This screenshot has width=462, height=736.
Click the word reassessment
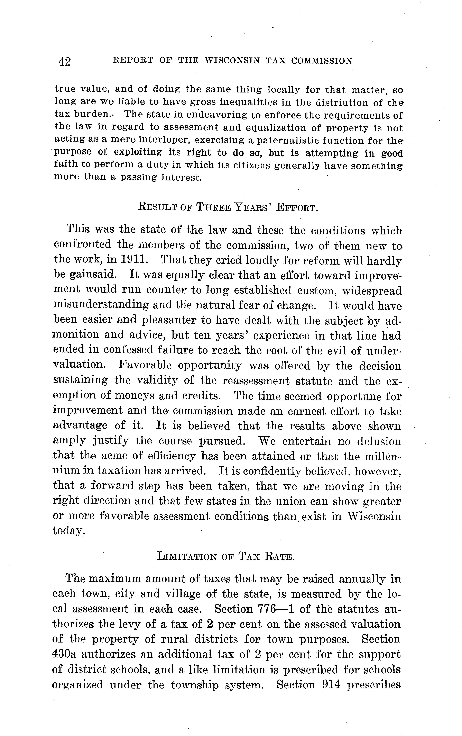point(256,381)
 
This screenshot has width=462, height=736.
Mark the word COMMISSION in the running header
point(322,61)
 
